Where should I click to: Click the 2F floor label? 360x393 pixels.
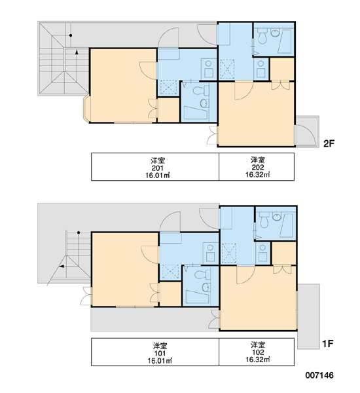329,143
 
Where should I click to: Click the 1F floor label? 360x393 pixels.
328,344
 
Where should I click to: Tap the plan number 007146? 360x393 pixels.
319,375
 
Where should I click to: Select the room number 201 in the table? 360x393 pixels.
158,168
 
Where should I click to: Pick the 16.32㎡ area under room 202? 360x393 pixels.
257,175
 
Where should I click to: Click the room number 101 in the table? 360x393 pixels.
160,354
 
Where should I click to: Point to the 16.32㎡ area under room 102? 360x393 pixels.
257,360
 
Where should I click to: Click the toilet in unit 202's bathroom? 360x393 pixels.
262,36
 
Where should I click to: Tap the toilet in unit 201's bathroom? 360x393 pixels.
201,90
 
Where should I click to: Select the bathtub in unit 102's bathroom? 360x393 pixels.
287,225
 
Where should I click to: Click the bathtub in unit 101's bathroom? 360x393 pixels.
197,297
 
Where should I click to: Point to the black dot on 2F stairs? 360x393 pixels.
71,35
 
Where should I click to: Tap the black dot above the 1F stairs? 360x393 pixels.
79,233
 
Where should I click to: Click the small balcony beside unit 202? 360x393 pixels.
307,132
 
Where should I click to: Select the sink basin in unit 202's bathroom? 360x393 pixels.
276,33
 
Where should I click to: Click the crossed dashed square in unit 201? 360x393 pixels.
169,88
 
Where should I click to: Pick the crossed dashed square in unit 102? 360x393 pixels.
229,253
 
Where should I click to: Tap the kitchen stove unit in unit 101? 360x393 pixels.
210,253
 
